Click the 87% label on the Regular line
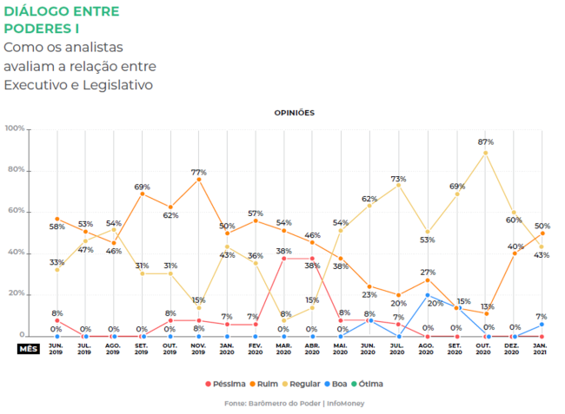coord(486,141)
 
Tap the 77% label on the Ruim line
coord(199,172)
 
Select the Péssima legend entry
coord(228,383)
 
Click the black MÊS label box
coord(29,349)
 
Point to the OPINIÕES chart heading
coord(295,113)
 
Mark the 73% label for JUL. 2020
coord(399,178)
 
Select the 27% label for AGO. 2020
coord(427,273)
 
